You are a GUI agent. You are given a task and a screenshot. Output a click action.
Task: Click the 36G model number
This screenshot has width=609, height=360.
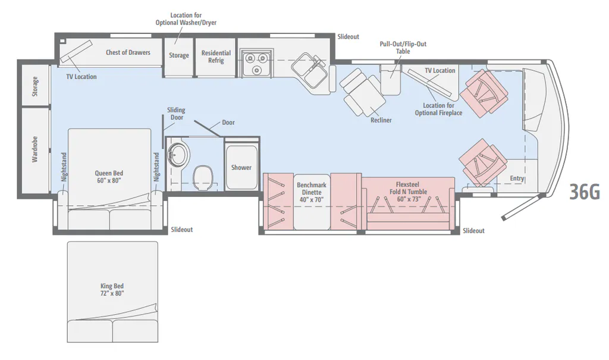(585, 191)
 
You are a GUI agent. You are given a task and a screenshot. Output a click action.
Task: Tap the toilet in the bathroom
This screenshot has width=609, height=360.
(203, 178)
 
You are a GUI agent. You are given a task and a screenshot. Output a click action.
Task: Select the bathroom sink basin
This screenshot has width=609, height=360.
(178, 154)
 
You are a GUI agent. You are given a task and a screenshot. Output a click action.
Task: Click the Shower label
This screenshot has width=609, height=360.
(241, 168)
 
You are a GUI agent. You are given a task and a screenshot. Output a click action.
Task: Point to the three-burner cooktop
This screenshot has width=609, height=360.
(256, 63)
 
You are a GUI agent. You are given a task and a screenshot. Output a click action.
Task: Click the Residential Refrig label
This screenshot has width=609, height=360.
(216, 57)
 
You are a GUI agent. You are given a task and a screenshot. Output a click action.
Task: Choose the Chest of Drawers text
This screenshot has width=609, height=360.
(128, 52)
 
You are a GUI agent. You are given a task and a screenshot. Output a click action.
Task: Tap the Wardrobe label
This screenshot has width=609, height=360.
(35, 149)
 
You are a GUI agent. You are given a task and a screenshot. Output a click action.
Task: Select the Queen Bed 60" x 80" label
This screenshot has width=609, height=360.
(109, 177)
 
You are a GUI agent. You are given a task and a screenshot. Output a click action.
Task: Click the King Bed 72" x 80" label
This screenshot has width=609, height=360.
(112, 290)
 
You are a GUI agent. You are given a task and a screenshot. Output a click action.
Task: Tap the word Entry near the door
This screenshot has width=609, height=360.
(517, 178)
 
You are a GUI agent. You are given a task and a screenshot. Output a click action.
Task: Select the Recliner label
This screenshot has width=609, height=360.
(381, 120)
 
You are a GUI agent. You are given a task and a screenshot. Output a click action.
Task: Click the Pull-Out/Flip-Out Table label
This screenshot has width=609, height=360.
(403, 48)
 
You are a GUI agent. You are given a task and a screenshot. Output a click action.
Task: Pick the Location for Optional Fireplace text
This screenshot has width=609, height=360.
(438, 109)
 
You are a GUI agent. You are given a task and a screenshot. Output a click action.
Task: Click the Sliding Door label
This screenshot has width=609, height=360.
(176, 114)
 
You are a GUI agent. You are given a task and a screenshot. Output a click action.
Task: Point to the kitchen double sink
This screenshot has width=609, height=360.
(310, 71)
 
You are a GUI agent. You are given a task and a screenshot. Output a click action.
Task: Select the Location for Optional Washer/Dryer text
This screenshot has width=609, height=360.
(186, 19)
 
